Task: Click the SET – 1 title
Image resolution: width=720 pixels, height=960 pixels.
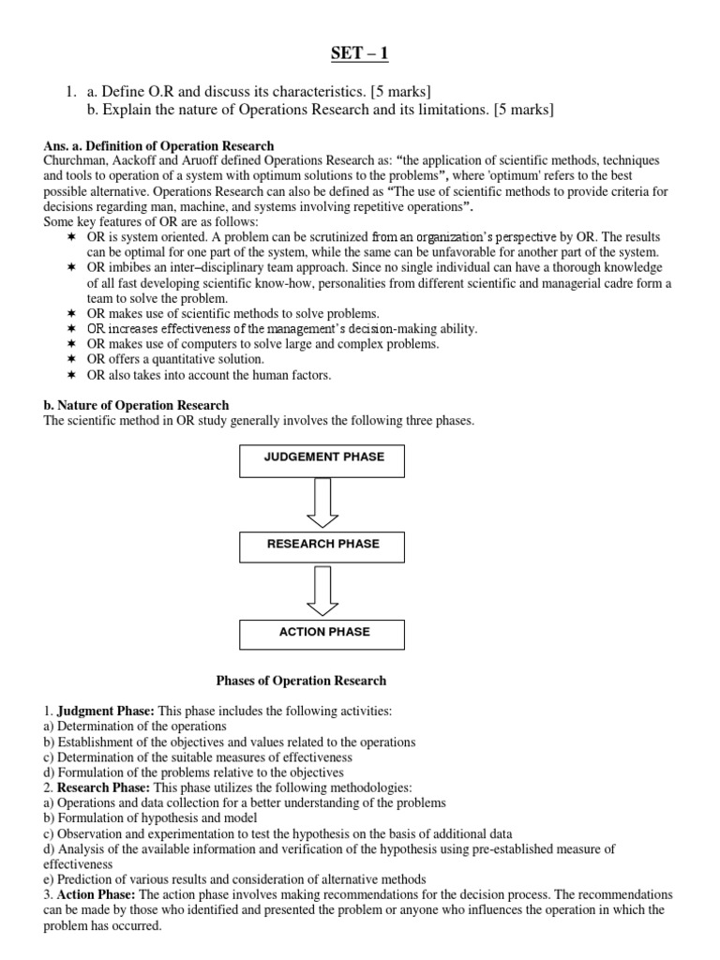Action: click(359, 54)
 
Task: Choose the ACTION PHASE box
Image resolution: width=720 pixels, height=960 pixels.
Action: click(324, 633)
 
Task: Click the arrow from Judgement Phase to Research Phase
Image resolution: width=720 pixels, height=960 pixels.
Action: click(324, 502)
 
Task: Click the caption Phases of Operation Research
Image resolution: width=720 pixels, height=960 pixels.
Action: click(301, 681)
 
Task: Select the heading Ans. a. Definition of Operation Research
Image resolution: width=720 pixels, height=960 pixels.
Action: click(159, 145)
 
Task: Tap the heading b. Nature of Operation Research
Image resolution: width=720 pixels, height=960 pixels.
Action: click(137, 406)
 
